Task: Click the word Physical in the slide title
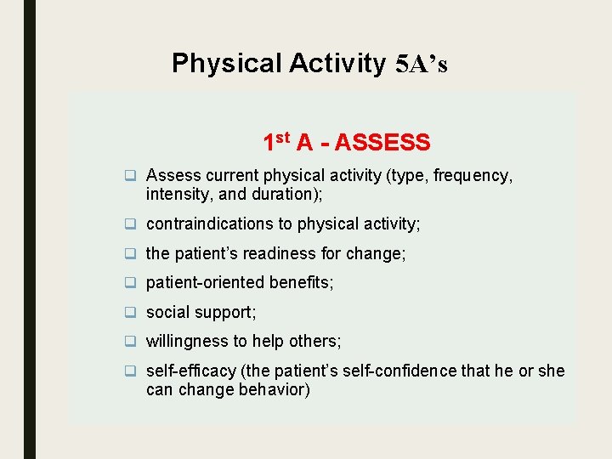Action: pyautogui.click(x=226, y=64)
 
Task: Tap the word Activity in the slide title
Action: pyautogui.click(x=337, y=64)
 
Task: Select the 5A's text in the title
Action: pyautogui.click(x=422, y=65)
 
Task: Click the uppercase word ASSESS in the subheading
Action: pyautogui.click(x=382, y=143)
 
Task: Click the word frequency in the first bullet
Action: pyautogui.click(x=473, y=176)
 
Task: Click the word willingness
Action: pyautogui.click(x=185, y=341)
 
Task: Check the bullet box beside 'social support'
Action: pyautogui.click(x=131, y=312)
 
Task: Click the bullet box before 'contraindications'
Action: pyautogui.click(x=131, y=224)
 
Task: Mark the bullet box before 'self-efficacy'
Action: pyautogui.click(x=131, y=371)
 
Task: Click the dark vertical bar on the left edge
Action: pyautogui.click(x=30, y=229)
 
